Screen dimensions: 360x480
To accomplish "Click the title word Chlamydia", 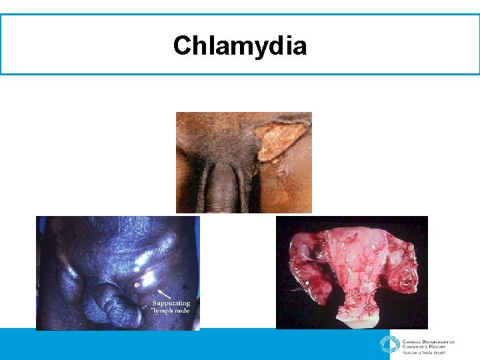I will pos(240,46).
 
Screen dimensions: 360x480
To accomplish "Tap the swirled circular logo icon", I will pos(389,344).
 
